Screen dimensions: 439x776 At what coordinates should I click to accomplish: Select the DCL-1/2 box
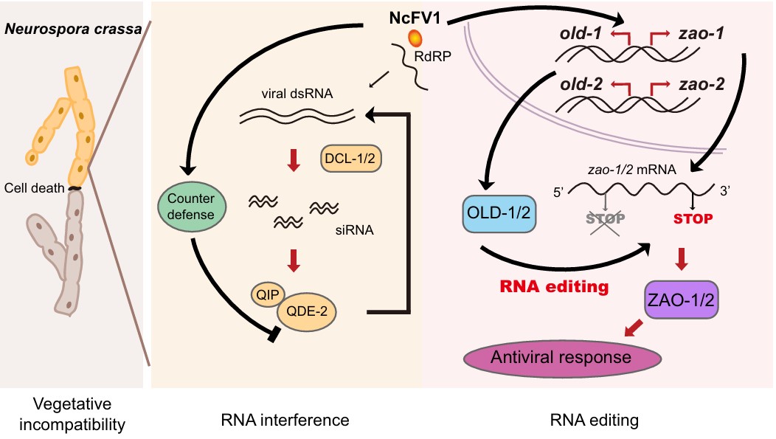351,157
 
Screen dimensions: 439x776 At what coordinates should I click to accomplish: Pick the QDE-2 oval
306,312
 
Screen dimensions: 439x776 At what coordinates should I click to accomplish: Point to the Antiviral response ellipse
562,358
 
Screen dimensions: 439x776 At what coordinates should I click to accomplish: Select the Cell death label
34,187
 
